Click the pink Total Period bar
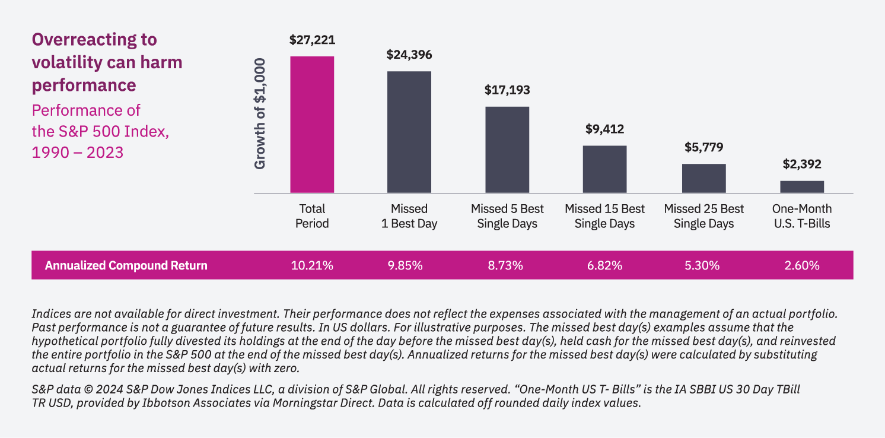pos(312,125)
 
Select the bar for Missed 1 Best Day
pos(409,132)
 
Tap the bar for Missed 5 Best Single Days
pos(507,150)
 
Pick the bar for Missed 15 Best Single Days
pos(604,169)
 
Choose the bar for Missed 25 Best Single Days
pos(703,178)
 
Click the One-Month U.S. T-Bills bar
pos(802,186)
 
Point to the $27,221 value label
pos(312,40)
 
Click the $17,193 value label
pos(507,90)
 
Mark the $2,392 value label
pos(802,164)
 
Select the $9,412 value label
pos(604,129)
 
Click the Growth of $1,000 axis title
pos(260,113)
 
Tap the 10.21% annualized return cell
pos(312,265)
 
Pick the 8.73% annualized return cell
pos(505,265)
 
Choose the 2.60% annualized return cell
pos(802,265)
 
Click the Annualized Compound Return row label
pos(126,265)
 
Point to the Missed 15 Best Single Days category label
pos(604,216)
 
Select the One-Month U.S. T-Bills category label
pos(802,216)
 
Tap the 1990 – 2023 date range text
pos(78,152)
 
